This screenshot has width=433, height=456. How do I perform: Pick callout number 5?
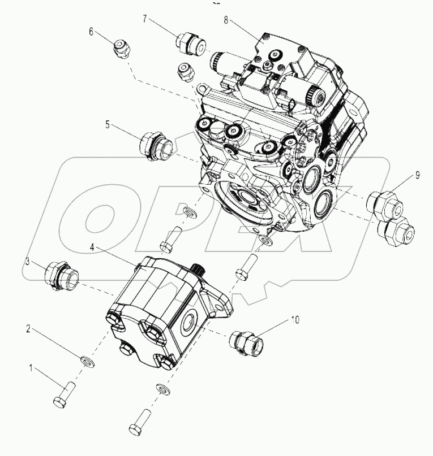(108, 123)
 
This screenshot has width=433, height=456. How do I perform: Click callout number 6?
(91, 32)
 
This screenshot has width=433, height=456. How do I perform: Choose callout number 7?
(145, 19)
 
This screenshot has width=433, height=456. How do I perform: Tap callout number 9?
(417, 176)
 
